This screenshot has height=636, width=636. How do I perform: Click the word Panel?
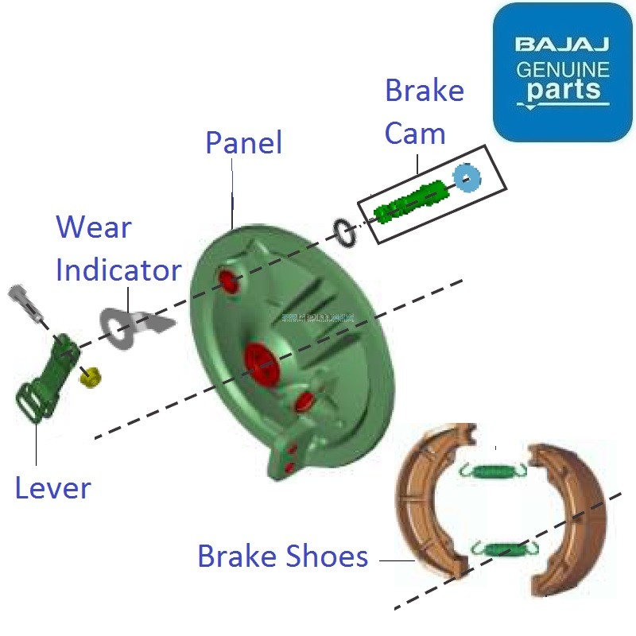point(243,143)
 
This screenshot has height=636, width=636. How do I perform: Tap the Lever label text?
point(52,487)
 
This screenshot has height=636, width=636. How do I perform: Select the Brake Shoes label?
point(282,556)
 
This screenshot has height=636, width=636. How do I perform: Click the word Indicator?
point(118,270)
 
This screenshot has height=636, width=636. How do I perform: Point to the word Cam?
point(414,134)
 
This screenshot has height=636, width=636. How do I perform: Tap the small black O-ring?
point(344,232)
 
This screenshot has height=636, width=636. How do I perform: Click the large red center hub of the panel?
point(262,360)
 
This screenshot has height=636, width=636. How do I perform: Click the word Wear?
point(93,228)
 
